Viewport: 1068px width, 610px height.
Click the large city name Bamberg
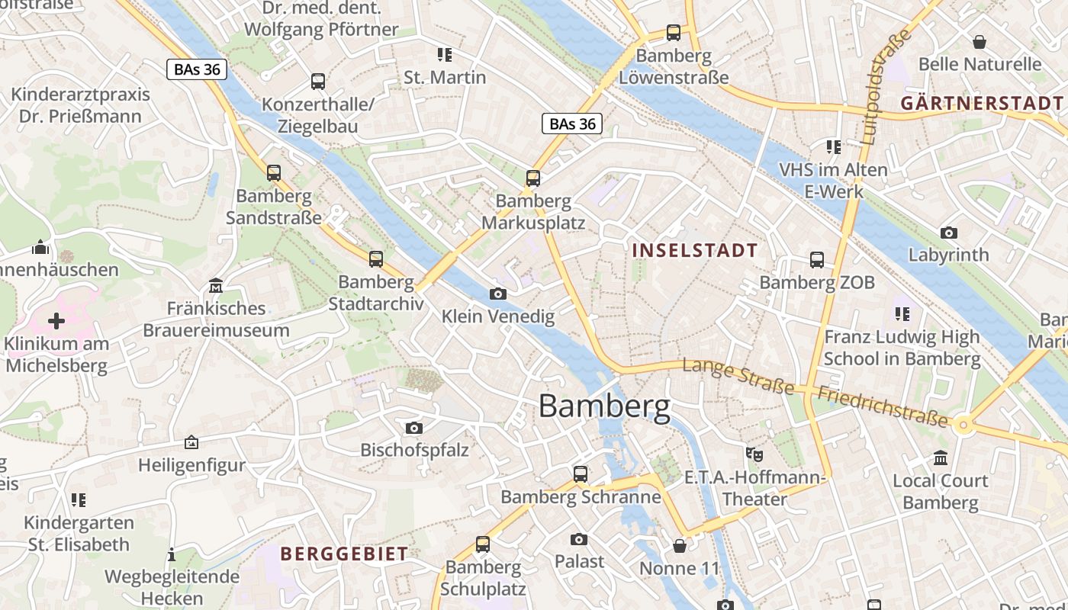[604, 406]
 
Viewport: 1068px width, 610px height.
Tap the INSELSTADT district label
[695, 250]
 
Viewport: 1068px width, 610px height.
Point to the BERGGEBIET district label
[344, 554]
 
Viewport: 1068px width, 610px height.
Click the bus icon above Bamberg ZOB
[817, 260]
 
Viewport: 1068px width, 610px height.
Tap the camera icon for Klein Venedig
[497, 294]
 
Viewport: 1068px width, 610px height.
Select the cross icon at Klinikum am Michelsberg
[56, 321]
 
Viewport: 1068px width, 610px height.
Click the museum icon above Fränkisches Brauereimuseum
[216, 286]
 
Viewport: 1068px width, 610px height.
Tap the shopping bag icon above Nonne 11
[680, 546]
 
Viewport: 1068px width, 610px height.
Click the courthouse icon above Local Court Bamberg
[940, 458]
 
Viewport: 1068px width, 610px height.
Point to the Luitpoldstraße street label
[886, 87]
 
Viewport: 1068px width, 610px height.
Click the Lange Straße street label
[738, 376]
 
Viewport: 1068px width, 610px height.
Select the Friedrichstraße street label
[883, 406]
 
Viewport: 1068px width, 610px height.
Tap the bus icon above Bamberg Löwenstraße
[674, 33]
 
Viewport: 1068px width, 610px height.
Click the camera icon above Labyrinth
[949, 233]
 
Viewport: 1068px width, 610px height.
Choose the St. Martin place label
[445, 77]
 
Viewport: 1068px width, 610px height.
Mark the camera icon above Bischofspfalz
[414, 428]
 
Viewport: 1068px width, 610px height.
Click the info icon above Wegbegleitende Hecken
[172, 554]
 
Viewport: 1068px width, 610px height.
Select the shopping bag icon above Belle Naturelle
[980, 41]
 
